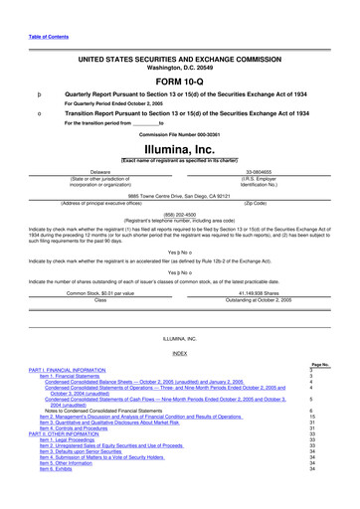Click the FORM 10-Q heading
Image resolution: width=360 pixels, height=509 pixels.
tap(179, 82)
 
